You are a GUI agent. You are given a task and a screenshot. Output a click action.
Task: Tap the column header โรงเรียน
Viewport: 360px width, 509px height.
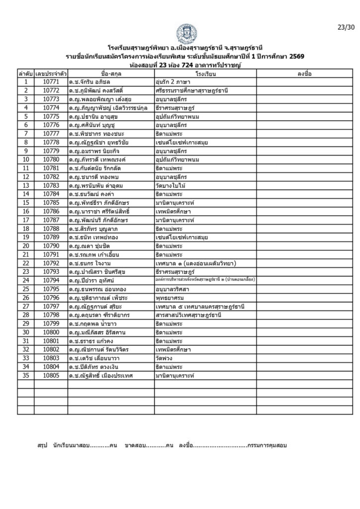coord(205,74)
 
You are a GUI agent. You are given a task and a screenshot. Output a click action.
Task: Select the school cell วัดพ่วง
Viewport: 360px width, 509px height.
coord(165,358)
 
